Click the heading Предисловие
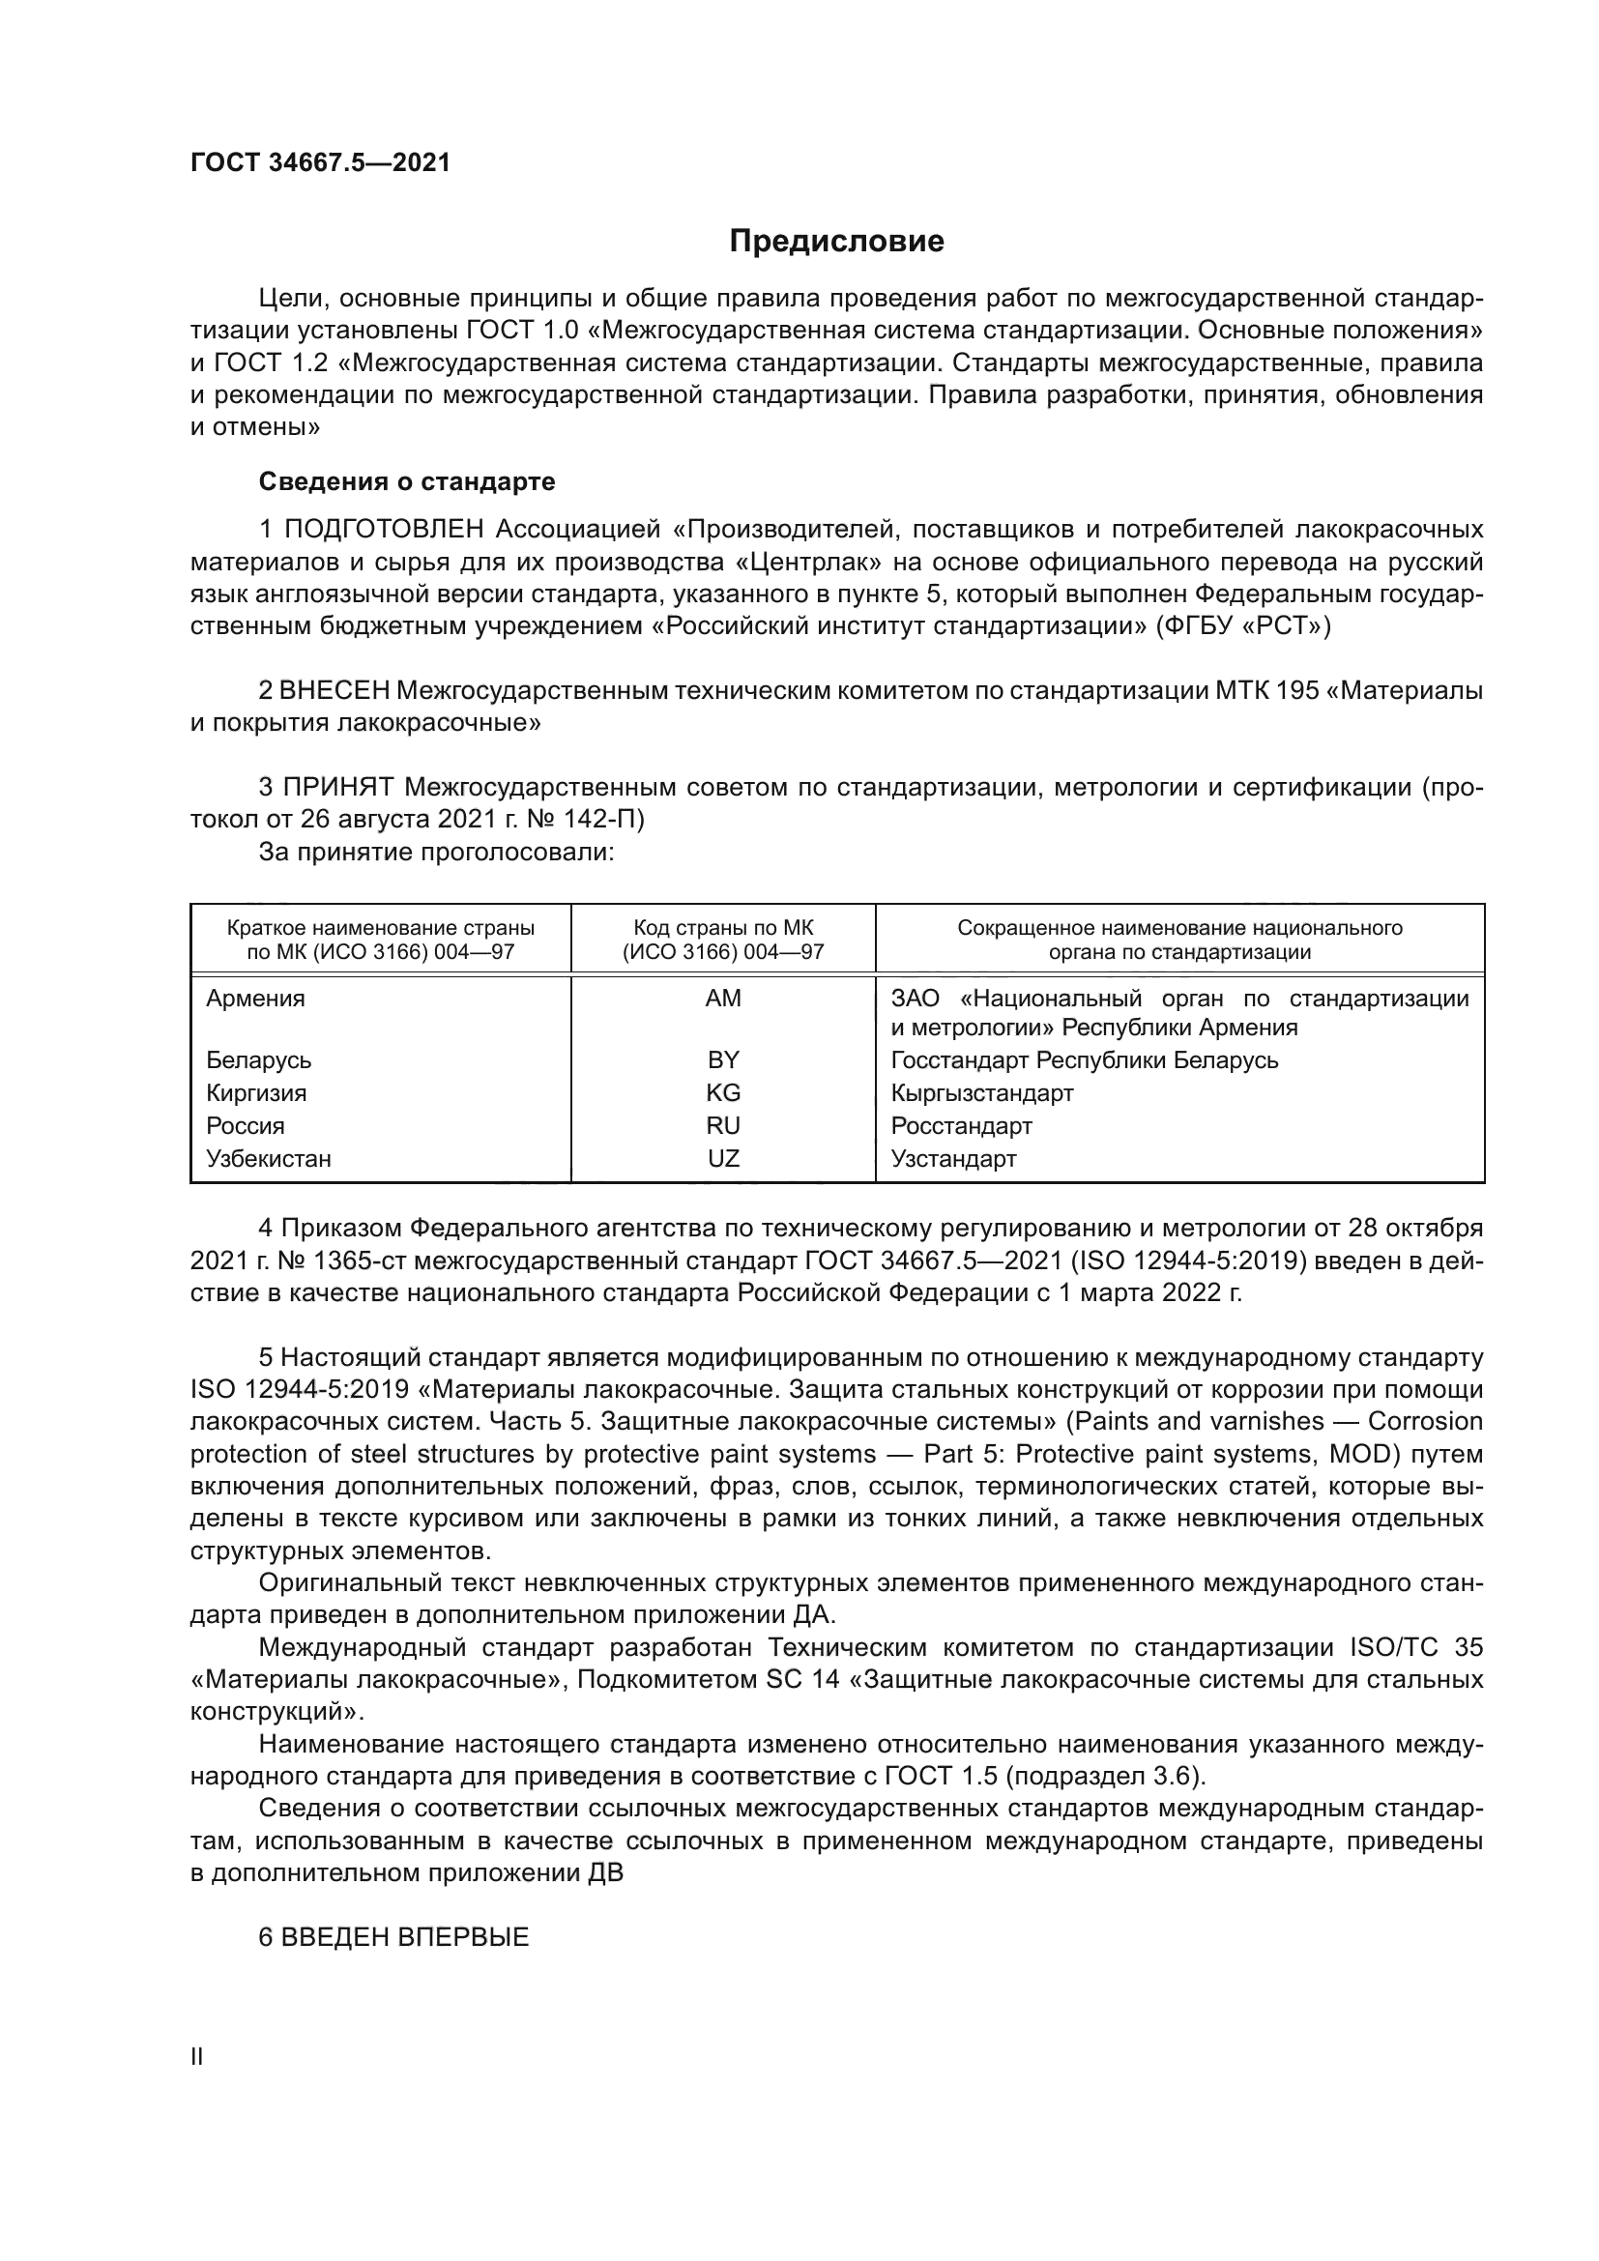click(836, 242)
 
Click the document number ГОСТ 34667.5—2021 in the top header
click(320, 163)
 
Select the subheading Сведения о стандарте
click(407, 481)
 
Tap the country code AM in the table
click(723, 999)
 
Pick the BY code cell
click(723, 1060)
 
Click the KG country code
click(723, 1093)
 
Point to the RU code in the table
click(723, 1125)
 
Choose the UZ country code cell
click(723, 1159)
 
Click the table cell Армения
click(255, 999)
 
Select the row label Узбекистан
click(268, 1159)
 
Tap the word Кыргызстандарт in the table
click(981, 1093)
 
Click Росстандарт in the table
click(961, 1125)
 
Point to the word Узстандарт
click(953, 1159)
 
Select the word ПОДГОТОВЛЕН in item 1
click(384, 530)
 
